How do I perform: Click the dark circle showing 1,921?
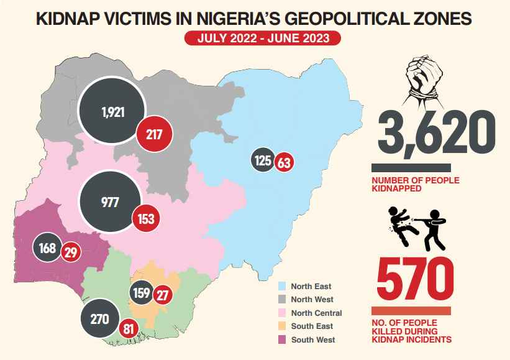(x=113, y=112)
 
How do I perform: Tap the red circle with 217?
(x=154, y=133)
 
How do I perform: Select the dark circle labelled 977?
(x=109, y=201)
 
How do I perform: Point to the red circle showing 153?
(x=147, y=218)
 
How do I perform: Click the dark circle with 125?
(x=263, y=161)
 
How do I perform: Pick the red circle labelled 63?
(x=285, y=164)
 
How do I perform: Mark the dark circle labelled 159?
(x=142, y=292)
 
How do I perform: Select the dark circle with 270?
(x=100, y=320)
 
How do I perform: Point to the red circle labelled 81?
(x=129, y=328)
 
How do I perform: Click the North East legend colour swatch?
(x=281, y=287)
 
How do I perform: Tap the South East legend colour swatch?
(x=281, y=326)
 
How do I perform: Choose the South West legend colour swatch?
(x=281, y=339)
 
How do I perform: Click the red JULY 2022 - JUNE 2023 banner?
(x=262, y=39)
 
